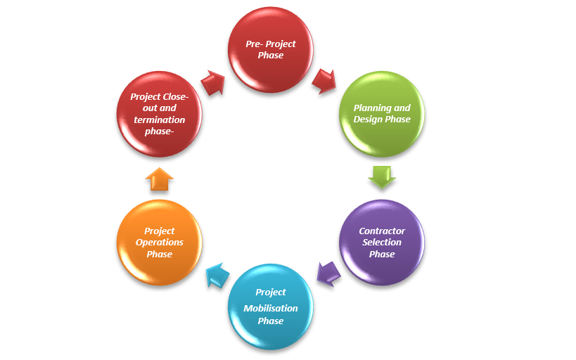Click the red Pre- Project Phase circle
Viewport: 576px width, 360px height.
(270, 50)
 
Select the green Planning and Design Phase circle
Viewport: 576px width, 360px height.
(381, 113)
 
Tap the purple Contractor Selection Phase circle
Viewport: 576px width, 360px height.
(381, 242)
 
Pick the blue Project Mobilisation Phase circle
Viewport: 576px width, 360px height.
(271, 307)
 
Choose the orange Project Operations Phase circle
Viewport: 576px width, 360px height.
(159, 242)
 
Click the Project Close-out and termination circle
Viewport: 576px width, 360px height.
(159, 113)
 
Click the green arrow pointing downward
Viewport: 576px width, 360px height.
(382, 176)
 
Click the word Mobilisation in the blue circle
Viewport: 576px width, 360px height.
(271, 309)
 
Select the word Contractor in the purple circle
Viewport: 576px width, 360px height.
(382, 231)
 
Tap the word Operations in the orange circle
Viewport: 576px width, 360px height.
(160, 243)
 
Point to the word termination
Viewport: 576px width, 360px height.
(159, 120)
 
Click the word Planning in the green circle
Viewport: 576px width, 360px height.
(372, 108)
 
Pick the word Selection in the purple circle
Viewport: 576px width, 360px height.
(382, 243)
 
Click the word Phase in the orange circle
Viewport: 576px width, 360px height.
(160, 255)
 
